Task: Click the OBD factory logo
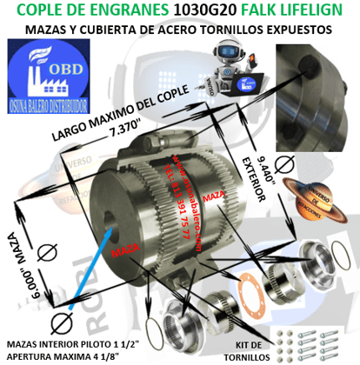click(44, 68)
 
